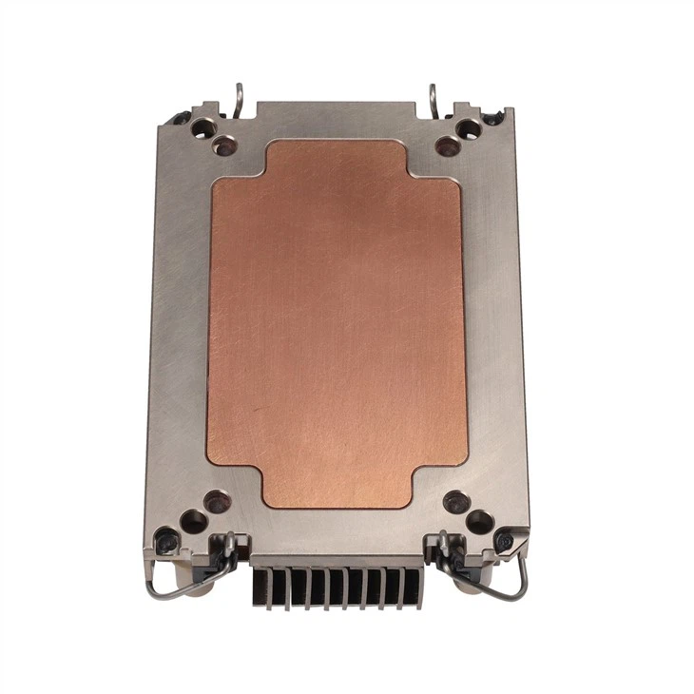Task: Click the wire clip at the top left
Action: tap(240, 95)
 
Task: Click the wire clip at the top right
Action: tap(434, 95)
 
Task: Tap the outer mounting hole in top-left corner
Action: tap(202, 125)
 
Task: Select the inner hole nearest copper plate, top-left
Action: tap(224, 145)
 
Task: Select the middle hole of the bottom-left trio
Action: tap(193, 519)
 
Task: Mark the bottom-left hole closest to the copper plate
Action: tap(217, 498)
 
